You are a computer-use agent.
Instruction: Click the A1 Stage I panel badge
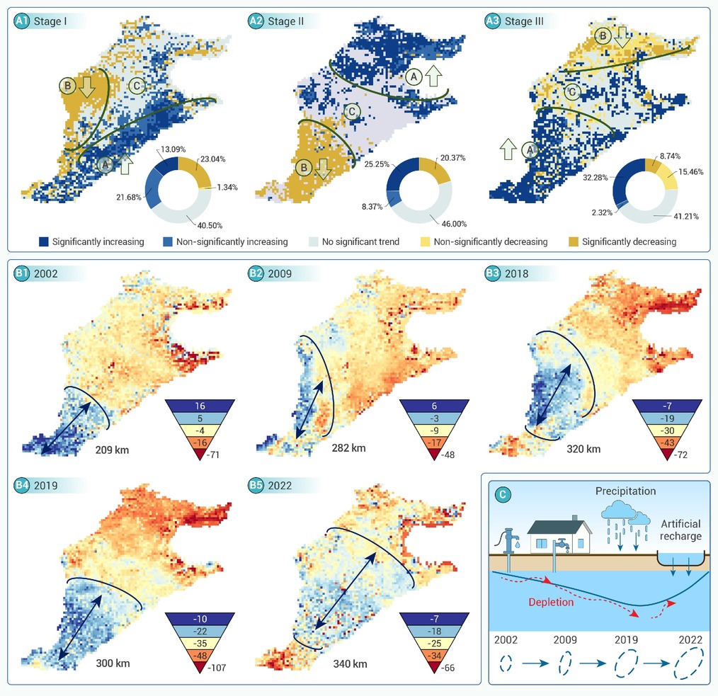tap(21, 21)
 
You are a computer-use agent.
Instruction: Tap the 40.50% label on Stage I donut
tap(210, 225)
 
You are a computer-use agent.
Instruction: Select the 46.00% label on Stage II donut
tap(455, 224)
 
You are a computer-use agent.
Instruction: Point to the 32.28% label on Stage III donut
tap(596, 177)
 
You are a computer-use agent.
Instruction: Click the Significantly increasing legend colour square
tap(44, 241)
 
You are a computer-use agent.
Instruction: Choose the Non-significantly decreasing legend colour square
tap(426, 241)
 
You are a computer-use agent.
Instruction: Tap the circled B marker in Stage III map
tap(603, 35)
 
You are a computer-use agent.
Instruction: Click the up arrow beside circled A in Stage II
tap(433, 76)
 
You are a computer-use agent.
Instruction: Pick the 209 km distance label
tap(112, 450)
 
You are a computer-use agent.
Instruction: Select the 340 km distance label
tap(351, 663)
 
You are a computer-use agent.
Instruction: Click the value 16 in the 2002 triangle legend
tap(200, 406)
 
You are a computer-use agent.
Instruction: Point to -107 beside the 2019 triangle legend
tap(217, 668)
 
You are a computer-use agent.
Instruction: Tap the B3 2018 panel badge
tap(493, 273)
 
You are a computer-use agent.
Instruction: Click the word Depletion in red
tap(551, 602)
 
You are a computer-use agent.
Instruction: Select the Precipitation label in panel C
tap(625, 491)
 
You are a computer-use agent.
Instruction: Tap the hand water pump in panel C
tap(508, 541)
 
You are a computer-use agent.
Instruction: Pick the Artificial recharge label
tap(680, 530)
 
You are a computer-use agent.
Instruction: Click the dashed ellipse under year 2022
tap(689, 663)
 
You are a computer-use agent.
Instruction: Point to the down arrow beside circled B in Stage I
tap(87, 87)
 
